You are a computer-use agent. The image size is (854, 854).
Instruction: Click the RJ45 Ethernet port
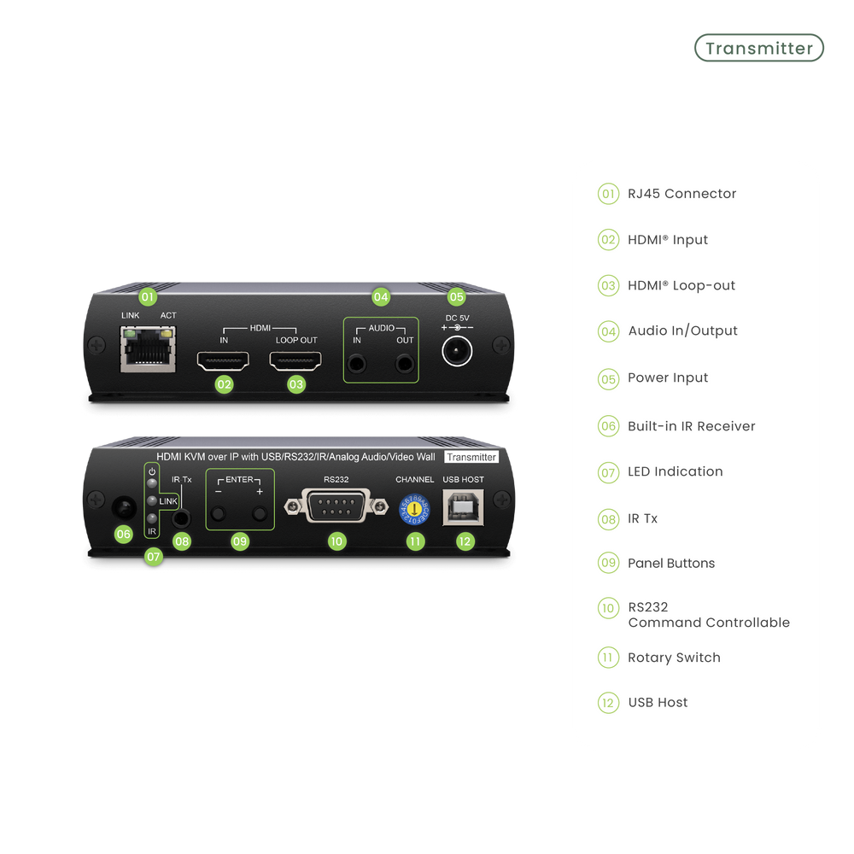click(x=148, y=349)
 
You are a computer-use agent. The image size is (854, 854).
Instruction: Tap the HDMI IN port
click(x=223, y=360)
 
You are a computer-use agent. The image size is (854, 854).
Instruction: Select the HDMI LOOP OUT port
click(x=295, y=360)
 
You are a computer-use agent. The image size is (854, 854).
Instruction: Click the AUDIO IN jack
click(x=357, y=363)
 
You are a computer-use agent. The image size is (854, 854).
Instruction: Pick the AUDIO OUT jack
click(x=405, y=363)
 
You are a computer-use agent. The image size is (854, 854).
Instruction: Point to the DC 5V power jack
click(x=457, y=351)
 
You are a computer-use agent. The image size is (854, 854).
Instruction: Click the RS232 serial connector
click(x=336, y=506)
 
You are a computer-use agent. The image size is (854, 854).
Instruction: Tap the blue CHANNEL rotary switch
click(x=414, y=510)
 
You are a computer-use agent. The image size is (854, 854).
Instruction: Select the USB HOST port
click(x=463, y=507)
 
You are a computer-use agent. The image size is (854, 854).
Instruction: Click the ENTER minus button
click(x=219, y=513)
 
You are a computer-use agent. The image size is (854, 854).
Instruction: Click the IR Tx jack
click(x=181, y=518)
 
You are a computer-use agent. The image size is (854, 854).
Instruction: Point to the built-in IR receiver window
click(x=124, y=509)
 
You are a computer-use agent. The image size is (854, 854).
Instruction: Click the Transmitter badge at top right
click(x=758, y=48)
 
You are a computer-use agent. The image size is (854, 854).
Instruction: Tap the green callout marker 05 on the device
click(x=456, y=297)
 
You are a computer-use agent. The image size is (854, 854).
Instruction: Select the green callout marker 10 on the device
click(x=336, y=541)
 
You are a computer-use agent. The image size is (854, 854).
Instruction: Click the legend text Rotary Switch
click(x=674, y=658)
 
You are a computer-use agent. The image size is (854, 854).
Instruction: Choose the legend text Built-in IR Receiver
click(x=691, y=426)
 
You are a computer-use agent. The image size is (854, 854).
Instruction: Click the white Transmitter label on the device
click(x=471, y=457)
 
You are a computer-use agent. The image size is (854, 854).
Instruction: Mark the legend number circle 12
click(x=608, y=703)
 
